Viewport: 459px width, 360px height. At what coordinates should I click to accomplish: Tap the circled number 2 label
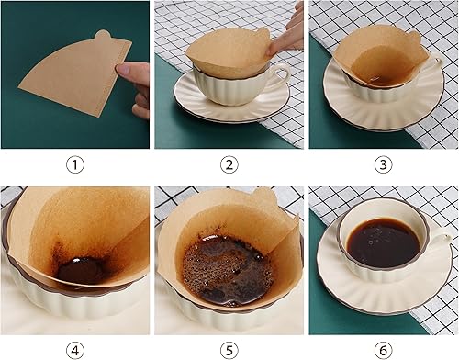[x=229, y=165]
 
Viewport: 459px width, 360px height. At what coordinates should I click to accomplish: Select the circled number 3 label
[x=384, y=165]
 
